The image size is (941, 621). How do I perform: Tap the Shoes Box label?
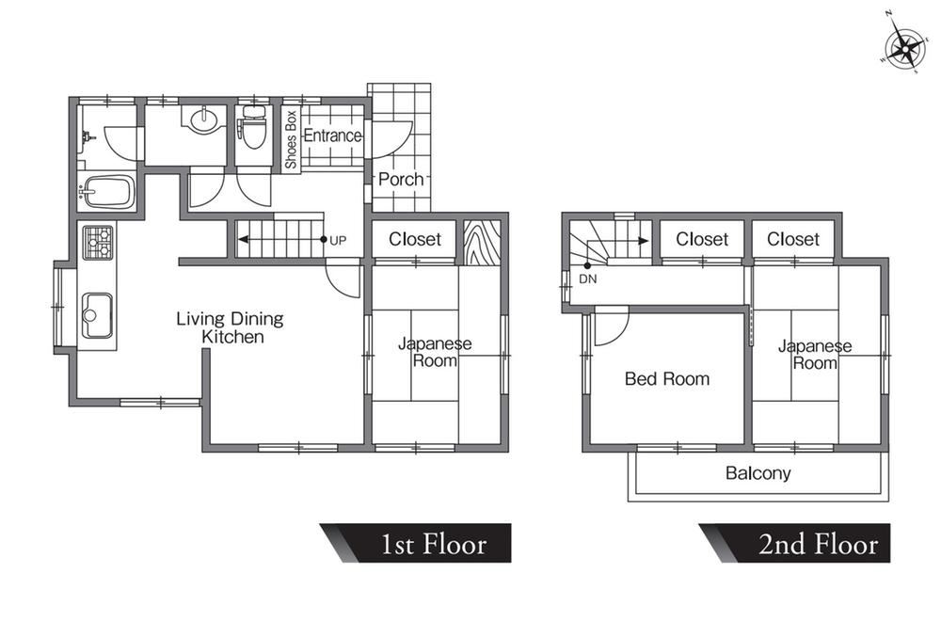pyautogui.click(x=291, y=139)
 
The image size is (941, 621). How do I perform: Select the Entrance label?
pyautogui.click(x=333, y=135)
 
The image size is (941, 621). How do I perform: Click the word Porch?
pyautogui.click(x=401, y=179)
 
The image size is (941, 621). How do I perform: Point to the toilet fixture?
pyautogui.click(x=253, y=127)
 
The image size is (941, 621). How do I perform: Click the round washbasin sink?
pyautogui.click(x=204, y=119)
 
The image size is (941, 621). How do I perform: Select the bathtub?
pyautogui.click(x=108, y=191)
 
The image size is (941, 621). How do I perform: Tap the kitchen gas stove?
pyautogui.click(x=97, y=243)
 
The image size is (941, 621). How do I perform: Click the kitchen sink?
pyautogui.click(x=97, y=315)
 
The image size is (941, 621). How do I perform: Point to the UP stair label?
pyautogui.click(x=338, y=241)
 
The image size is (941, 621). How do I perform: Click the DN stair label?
pyautogui.click(x=588, y=279)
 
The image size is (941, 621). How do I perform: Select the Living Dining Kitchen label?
pyautogui.click(x=231, y=327)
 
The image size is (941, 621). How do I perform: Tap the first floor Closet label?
pyautogui.click(x=415, y=239)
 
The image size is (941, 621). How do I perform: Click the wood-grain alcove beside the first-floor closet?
pyautogui.click(x=482, y=243)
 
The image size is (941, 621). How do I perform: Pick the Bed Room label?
pyautogui.click(x=667, y=378)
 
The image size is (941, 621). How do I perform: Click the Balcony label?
pyautogui.click(x=758, y=473)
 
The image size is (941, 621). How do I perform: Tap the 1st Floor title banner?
pyautogui.click(x=416, y=543)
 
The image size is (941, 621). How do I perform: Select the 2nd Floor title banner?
pyautogui.click(x=795, y=543)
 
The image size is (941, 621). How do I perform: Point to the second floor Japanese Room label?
pyautogui.click(x=815, y=355)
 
